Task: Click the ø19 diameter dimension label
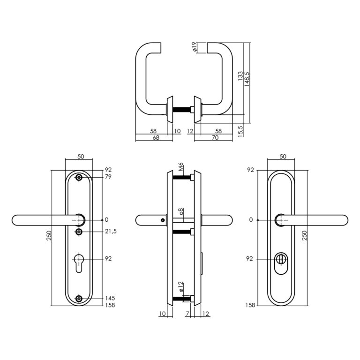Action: coord(194,47)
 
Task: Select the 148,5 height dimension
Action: coord(247,79)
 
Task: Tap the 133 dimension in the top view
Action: coord(240,76)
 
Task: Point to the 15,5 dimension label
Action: coord(240,132)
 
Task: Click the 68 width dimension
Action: coord(156,137)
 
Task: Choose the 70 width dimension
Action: coord(215,137)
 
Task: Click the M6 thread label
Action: coord(181,167)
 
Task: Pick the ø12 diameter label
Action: coord(181,287)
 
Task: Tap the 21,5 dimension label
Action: coord(111,231)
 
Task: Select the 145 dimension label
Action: coord(110,298)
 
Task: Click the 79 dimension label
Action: coord(108,177)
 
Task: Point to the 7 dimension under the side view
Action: coord(187,314)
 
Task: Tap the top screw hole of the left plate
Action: coord(79,178)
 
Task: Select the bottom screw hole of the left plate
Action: coord(79,299)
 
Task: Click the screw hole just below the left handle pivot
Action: coord(79,232)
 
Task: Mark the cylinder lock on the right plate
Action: coord(281,263)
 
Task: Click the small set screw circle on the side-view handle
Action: coord(163,220)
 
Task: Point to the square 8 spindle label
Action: coord(181,211)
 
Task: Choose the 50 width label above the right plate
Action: coord(283,157)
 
